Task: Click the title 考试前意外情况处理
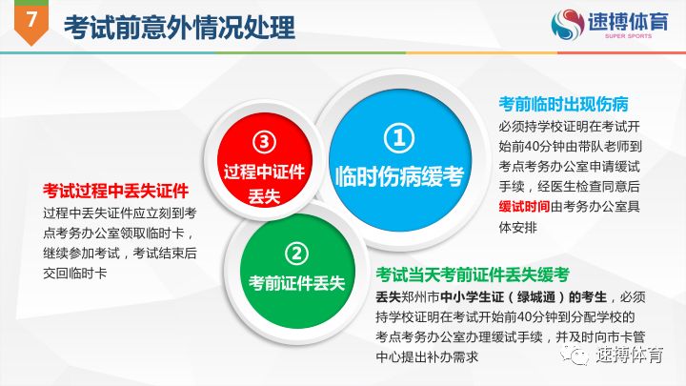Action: pyautogui.click(x=179, y=26)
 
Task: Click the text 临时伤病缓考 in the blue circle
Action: pyautogui.click(x=399, y=176)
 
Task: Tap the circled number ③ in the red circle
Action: pyautogui.click(x=264, y=142)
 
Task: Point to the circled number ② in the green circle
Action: pyautogui.click(x=296, y=254)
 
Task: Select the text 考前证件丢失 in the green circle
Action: pyautogui.click(x=296, y=283)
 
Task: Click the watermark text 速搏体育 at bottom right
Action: pyautogui.click(x=629, y=356)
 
